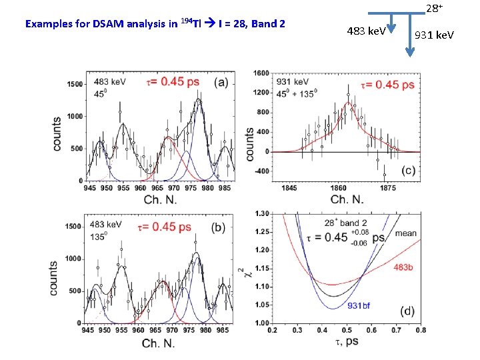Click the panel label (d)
click(406, 311)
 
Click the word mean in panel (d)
click(405, 234)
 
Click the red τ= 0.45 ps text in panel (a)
click(172, 82)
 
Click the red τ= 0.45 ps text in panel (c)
click(387, 85)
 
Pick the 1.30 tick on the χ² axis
click(263, 213)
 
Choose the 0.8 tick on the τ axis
click(421, 330)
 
